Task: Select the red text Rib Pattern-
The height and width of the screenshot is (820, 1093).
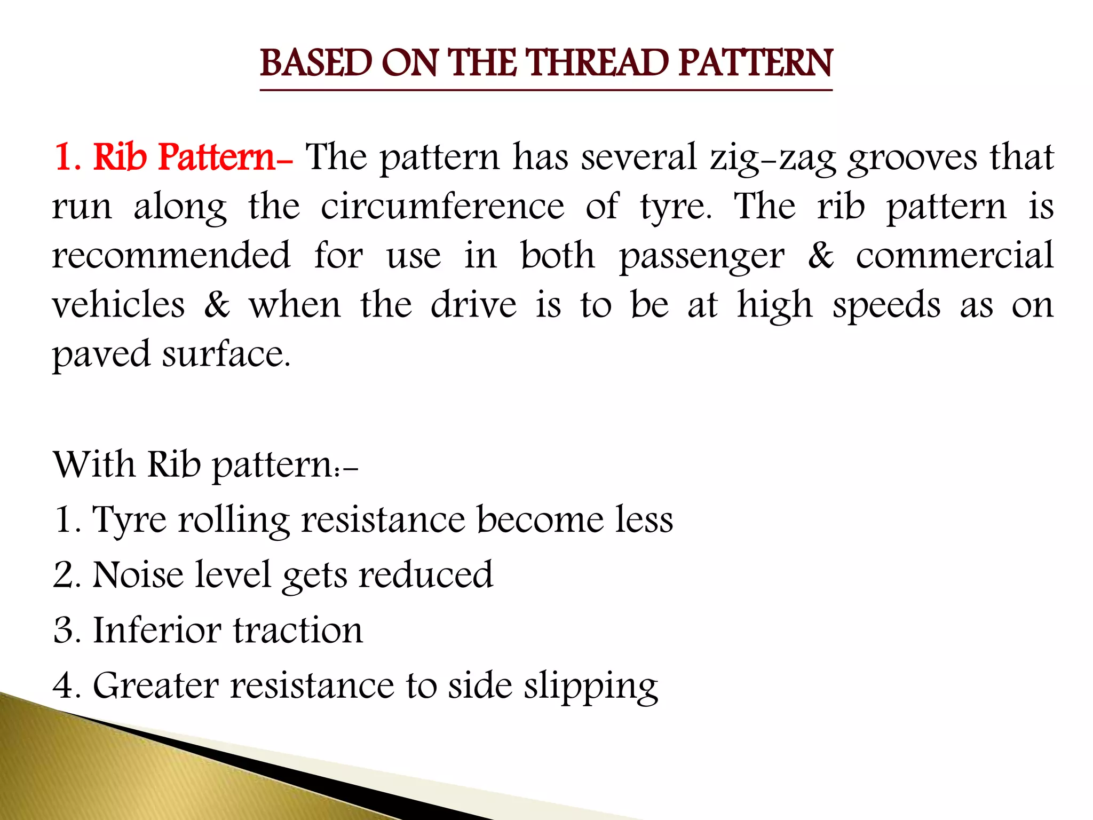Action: point(192,157)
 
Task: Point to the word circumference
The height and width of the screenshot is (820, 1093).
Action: point(442,207)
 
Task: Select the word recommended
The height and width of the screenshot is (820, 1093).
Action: point(171,255)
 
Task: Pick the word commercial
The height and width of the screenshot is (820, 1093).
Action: point(955,255)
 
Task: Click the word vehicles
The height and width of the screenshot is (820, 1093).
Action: point(118,305)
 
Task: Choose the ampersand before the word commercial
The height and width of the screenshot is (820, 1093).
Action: point(820,255)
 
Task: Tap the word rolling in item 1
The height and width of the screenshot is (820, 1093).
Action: point(234,521)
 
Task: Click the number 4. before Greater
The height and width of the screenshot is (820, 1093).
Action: point(67,685)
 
